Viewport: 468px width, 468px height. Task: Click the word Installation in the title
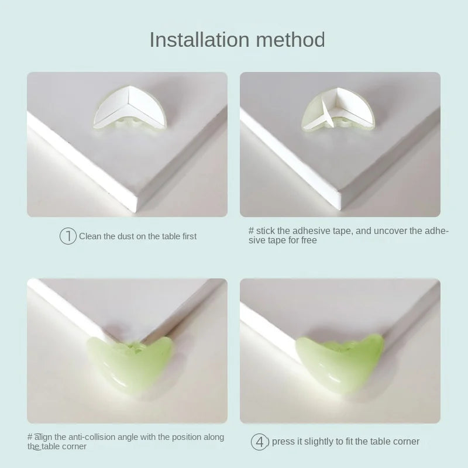[x=199, y=40]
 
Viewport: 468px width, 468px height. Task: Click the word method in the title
[x=290, y=40]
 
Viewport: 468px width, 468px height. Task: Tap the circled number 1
[x=68, y=236]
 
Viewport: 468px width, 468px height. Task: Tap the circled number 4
[x=259, y=442]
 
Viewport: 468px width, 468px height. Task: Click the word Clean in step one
[x=90, y=236]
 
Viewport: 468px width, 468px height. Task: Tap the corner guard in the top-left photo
[x=129, y=108]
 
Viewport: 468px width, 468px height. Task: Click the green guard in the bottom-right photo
[x=340, y=362]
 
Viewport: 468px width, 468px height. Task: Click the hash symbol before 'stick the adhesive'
[x=252, y=230]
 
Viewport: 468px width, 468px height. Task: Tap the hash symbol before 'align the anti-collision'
[x=30, y=437]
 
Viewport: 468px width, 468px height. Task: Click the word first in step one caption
[x=189, y=236]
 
